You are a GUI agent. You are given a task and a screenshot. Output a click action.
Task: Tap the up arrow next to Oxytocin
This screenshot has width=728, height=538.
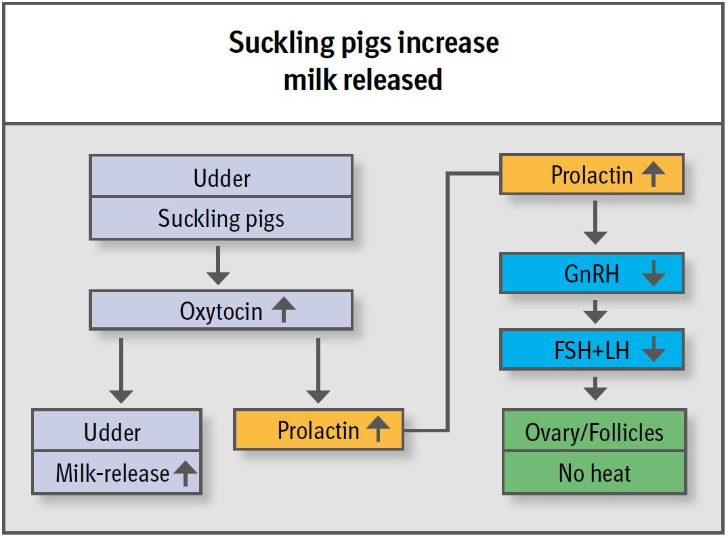coord(284,310)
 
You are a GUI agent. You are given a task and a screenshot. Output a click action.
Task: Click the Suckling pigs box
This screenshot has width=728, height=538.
coord(221,219)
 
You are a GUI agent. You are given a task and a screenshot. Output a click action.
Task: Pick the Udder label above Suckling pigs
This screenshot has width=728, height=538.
coord(221,178)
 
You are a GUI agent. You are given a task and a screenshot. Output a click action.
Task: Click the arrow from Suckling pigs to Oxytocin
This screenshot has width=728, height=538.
coord(218,265)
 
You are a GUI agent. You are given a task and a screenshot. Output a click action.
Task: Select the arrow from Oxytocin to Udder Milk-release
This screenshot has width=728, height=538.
coord(121,369)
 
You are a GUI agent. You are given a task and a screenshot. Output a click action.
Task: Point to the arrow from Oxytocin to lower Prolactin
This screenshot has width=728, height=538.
coord(318,369)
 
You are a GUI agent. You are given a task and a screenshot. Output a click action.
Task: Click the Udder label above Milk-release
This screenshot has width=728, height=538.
coord(112,432)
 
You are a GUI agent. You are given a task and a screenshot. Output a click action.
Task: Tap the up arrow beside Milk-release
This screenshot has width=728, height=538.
coord(184,473)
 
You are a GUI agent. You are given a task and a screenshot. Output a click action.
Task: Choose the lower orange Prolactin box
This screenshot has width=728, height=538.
coord(318,430)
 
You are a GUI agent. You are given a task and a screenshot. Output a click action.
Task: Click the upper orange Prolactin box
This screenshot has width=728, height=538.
coord(591,175)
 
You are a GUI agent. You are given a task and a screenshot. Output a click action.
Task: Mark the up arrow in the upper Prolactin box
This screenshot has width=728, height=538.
coord(653,175)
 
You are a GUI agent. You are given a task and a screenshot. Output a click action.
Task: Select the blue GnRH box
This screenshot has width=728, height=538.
coord(591,274)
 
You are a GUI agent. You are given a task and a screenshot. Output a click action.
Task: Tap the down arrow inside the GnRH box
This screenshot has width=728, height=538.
coord(653,274)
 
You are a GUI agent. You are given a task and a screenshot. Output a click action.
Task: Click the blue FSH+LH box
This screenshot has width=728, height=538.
coord(591,350)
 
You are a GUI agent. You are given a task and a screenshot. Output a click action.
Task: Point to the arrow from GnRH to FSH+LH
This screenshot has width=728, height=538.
coord(595,311)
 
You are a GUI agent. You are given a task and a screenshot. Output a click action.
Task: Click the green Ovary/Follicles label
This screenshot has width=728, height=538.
coord(595,432)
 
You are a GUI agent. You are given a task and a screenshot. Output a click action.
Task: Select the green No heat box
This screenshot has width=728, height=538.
coord(595,473)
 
